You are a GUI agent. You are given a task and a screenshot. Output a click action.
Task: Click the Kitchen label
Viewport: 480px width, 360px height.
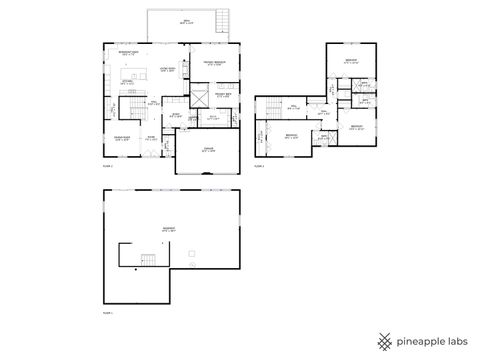coord(127,82)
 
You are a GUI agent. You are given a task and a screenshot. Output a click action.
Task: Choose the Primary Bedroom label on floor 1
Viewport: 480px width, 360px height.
coord(212,63)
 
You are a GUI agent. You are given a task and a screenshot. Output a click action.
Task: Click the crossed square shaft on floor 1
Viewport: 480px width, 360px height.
coord(200,98)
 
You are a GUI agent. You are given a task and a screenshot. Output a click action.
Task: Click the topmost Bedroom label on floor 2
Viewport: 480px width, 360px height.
coord(351,61)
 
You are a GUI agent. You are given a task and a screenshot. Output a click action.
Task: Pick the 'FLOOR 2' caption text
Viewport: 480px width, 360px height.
coord(259,167)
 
